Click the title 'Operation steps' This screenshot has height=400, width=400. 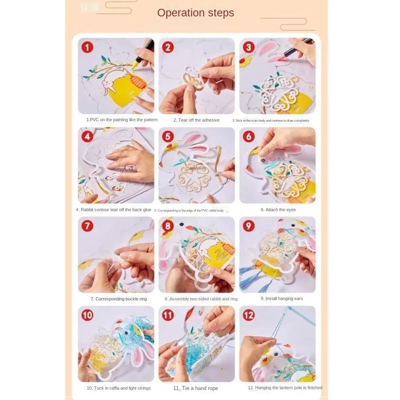tap(195, 13)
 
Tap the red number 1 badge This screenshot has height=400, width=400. tap(87, 48)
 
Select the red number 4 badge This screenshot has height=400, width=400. tap(87, 137)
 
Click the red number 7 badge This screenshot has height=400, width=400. tap(87, 226)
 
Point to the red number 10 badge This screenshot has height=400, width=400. tap(87, 315)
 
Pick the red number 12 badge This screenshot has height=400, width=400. tap(248, 315)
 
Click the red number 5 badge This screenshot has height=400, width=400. tap(168, 137)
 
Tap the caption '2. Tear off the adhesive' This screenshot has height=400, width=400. tap(196, 120)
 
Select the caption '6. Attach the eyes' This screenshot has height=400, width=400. tap(278, 210)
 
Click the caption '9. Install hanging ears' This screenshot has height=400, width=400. tap(282, 299)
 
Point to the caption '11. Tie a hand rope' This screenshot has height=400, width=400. tap(196, 388)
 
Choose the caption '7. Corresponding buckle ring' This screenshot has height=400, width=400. tap(119, 299)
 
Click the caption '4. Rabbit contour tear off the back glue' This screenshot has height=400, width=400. tap(114, 210)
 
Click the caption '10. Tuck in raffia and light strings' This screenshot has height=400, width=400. tap(119, 388)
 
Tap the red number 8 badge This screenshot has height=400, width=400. tap(168, 226)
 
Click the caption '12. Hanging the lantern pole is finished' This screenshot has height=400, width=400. tap(285, 388)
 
